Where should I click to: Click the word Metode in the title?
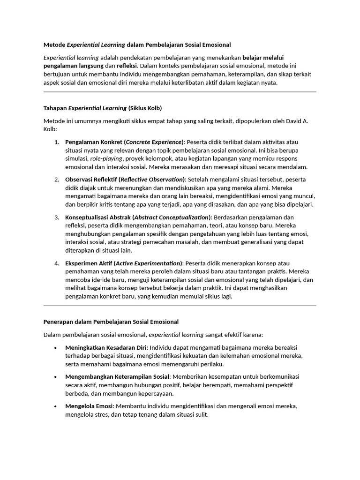54,45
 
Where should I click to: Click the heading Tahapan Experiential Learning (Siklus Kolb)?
103,108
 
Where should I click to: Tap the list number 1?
56,142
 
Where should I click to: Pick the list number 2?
56,180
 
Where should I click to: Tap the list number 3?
56,217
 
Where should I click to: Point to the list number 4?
56,263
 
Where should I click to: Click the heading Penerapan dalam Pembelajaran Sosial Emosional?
111,322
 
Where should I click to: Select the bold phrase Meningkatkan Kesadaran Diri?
106,347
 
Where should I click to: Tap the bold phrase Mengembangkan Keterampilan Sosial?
117,376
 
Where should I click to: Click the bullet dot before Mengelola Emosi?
56,406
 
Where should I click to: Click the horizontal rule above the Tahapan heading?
180,92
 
